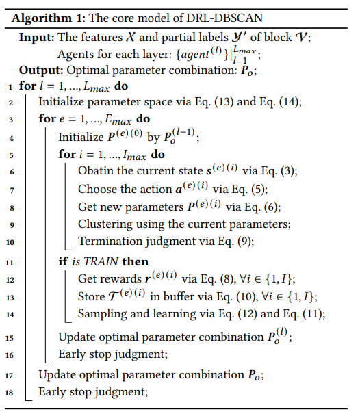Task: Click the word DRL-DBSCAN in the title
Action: pyautogui.click(x=224, y=18)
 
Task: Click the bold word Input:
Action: pyautogui.click(x=37, y=37)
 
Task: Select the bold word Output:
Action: pyautogui.click(x=41, y=70)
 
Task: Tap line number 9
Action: pyautogui.click(x=12, y=225)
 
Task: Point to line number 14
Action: pyautogui.click(x=10, y=315)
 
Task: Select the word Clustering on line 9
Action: pyautogui.click(x=105, y=224)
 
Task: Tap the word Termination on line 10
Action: pyautogui.click(x=110, y=241)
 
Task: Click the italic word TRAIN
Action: pyautogui.click(x=101, y=261)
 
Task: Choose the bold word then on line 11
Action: pyautogui.click(x=136, y=261)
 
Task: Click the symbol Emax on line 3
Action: pyautogui.click(x=118, y=119)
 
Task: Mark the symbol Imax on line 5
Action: pyautogui.click(x=135, y=155)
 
